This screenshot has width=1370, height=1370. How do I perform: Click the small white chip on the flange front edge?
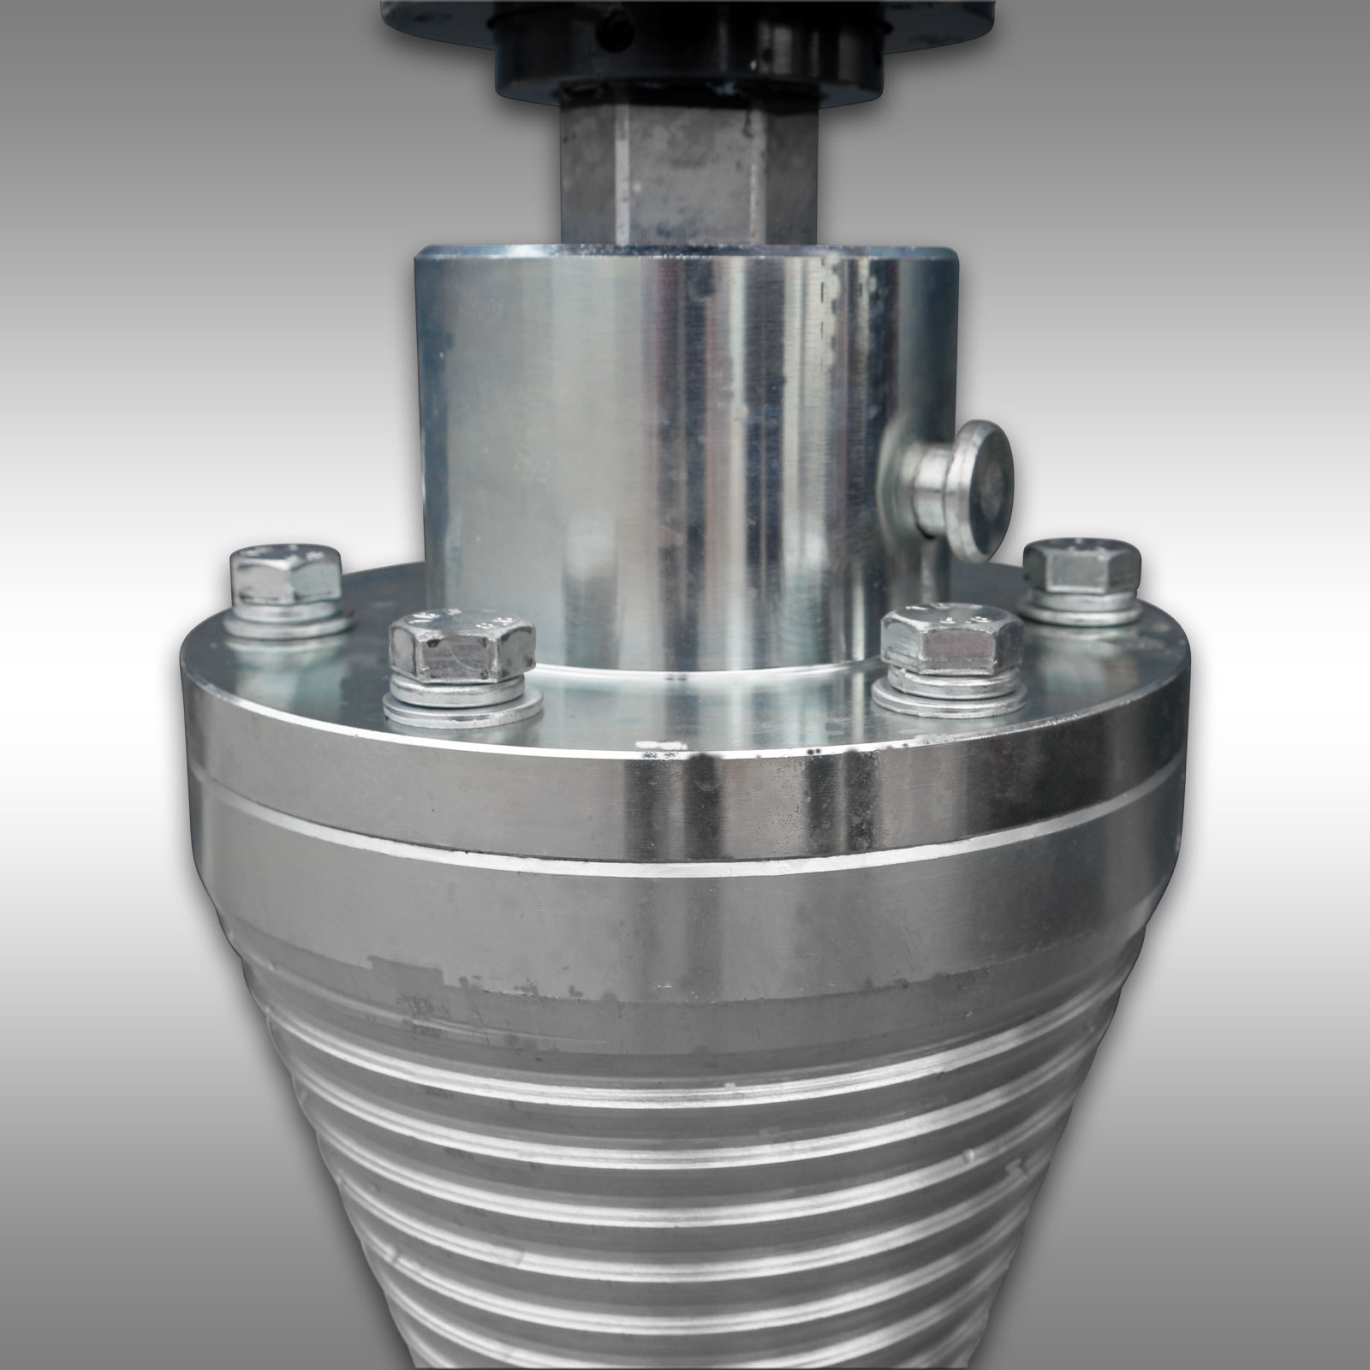click(x=664, y=753)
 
